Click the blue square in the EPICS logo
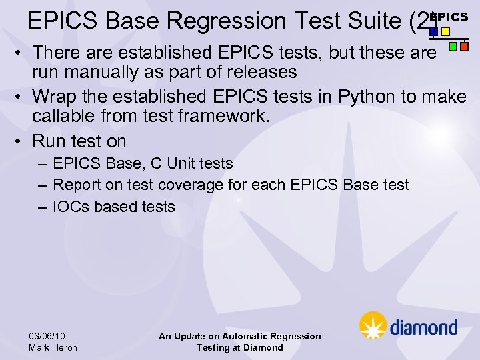(x=434, y=31)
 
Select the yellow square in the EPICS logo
(x=445, y=31)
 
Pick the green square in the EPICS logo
(x=453, y=47)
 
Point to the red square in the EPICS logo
(x=465, y=47)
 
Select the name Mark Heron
(x=53, y=347)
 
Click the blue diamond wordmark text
(x=423, y=327)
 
